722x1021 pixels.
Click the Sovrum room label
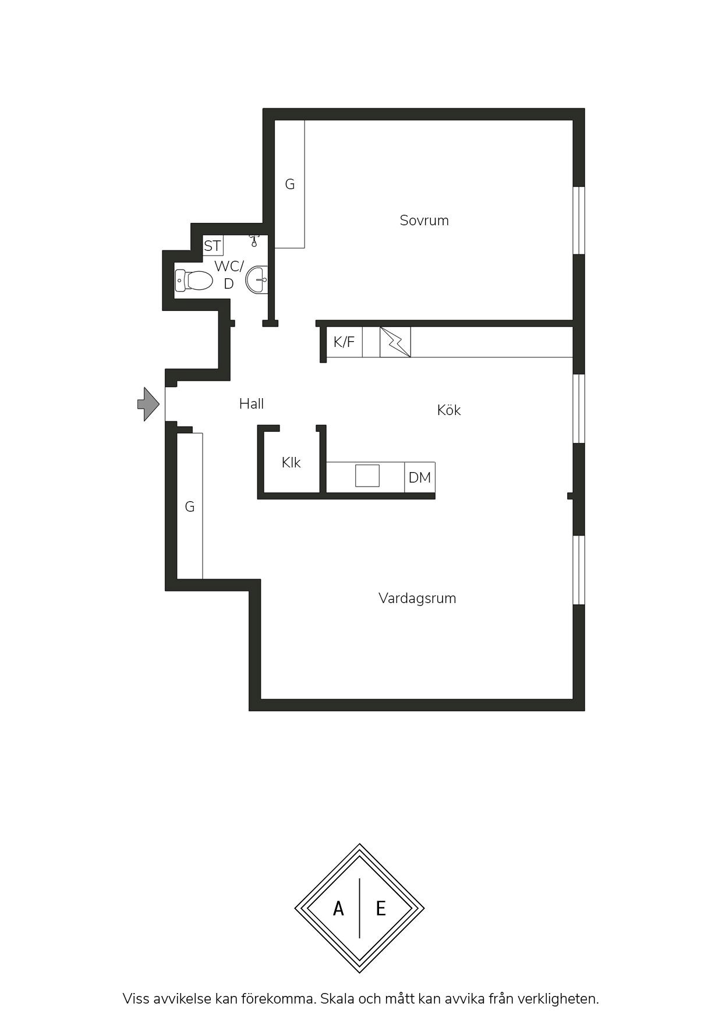click(x=424, y=221)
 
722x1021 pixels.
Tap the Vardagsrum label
click(x=417, y=598)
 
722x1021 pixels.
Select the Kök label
click(x=449, y=410)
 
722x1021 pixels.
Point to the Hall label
click(x=252, y=403)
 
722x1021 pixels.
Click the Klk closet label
click(x=291, y=463)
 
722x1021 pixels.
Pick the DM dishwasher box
click(x=420, y=477)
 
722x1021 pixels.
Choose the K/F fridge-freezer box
click(x=344, y=342)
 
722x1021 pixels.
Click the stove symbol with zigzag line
click(x=395, y=342)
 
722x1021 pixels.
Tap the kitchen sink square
click(x=367, y=476)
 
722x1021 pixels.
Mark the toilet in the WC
click(x=194, y=281)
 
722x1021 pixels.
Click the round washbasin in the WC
click(x=257, y=280)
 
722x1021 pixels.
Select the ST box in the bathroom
click(x=213, y=246)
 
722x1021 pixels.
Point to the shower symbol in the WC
click(x=254, y=240)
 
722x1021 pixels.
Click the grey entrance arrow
click(x=148, y=404)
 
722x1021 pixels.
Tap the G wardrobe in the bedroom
click(x=289, y=184)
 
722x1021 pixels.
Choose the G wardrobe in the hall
click(x=190, y=506)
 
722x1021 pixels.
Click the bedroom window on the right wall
click(x=579, y=221)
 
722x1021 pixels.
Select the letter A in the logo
click(x=338, y=908)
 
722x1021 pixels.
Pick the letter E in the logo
click(x=381, y=908)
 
